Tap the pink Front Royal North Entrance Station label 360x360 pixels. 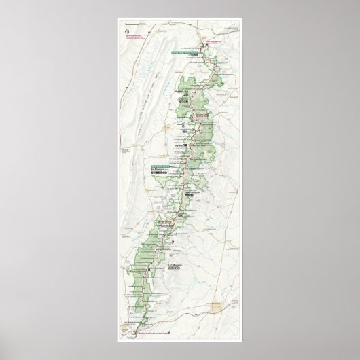(x=210, y=41)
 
